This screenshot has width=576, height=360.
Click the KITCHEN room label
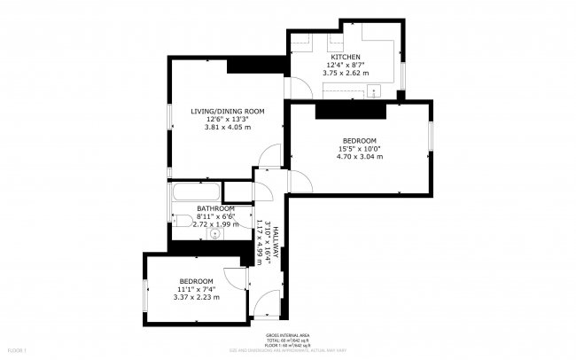point(346,57)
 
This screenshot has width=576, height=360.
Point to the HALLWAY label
point(276,239)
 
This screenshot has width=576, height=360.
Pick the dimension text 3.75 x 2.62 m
point(346,74)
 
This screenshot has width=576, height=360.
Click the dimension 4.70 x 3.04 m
point(360,157)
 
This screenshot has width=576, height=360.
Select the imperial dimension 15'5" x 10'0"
point(360,149)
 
